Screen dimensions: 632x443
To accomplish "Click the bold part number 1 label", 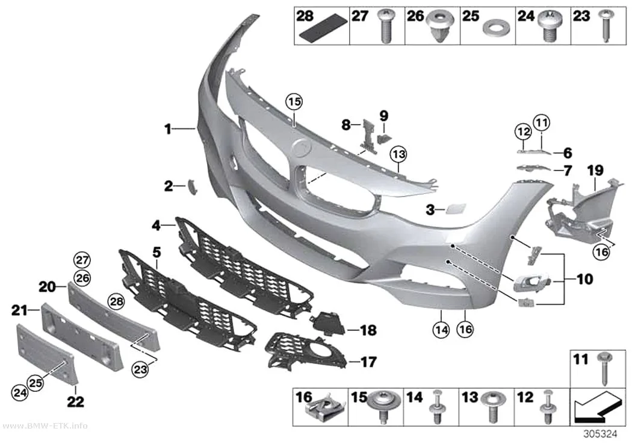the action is click(168, 130).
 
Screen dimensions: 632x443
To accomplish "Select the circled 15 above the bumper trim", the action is click(294, 102).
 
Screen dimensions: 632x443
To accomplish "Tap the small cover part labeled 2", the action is click(191, 187).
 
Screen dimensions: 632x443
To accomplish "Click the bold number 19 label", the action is click(595, 170).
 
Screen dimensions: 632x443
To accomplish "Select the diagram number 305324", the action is click(601, 434).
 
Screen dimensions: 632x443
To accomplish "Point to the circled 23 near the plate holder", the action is click(140, 369).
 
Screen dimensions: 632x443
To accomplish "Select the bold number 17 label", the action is click(368, 362).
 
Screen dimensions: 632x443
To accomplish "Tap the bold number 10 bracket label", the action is click(585, 279).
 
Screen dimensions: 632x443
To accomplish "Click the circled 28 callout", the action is click(116, 301).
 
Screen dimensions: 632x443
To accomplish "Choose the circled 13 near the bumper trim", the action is click(398, 154).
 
